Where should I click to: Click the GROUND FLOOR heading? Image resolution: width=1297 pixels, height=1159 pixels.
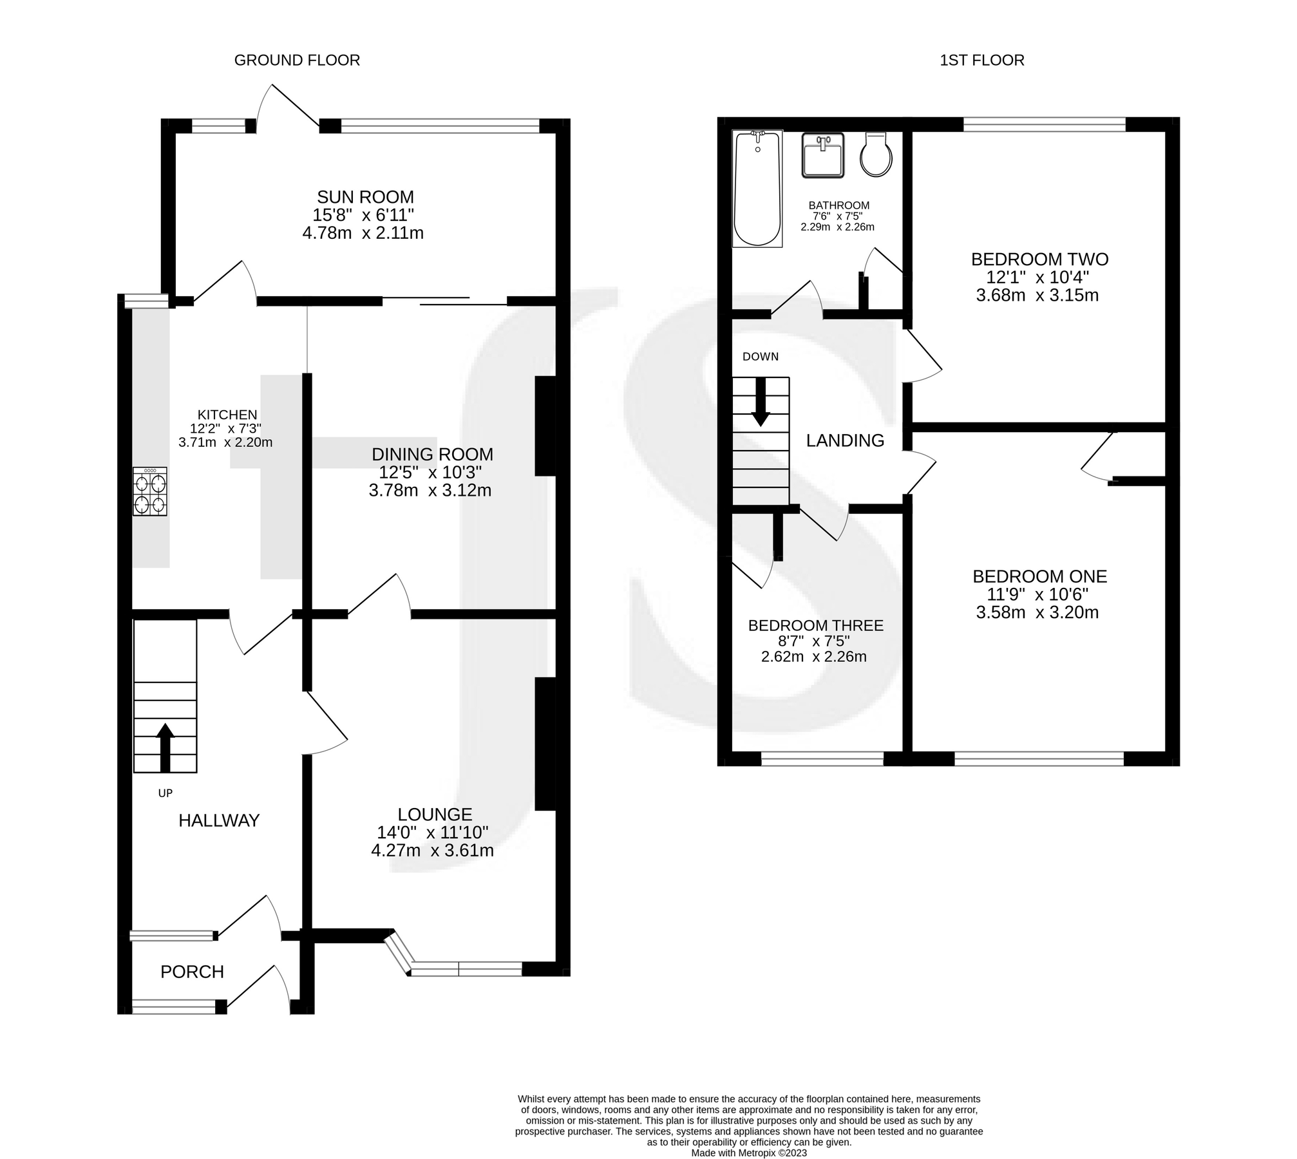click(x=297, y=61)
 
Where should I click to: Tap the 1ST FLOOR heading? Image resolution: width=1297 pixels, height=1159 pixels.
click(x=981, y=61)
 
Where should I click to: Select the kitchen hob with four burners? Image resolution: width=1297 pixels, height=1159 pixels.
click(x=149, y=491)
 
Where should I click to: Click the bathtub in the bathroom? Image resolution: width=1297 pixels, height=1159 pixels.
click(x=757, y=188)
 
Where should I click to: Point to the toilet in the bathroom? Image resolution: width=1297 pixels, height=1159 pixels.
click(x=876, y=155)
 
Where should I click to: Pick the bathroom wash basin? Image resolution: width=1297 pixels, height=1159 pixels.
click(x=822, y=155)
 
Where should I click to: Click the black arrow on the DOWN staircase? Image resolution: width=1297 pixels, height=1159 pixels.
click(x=761, y=402)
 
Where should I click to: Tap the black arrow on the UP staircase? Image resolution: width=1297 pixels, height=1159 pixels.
click(x=165, y=747)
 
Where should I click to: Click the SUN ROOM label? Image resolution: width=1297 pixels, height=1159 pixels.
click(x=365, y=197)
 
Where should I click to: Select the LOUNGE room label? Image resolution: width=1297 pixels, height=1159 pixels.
click(x=435, y=815)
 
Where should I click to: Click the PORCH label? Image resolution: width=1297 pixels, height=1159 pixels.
click(x=192, y=972)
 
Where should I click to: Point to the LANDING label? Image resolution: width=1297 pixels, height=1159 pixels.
click(x=845, y=440)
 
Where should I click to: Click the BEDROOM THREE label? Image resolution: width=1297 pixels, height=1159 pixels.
click(x=815, y=625)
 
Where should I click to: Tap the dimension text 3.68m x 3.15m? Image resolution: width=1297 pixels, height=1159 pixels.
click(x=1037, y=296)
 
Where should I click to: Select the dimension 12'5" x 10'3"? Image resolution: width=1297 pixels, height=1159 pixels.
click(x=430, y=473)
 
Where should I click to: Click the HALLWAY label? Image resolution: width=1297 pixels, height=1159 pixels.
click(x=219, y=820)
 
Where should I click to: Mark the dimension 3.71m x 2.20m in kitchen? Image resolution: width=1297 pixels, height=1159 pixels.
click(x=225, y=442)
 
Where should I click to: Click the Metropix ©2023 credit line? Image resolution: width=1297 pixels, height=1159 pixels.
click(x=748, y=1153)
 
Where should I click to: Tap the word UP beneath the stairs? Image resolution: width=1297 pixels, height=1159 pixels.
click(x=166, y=793)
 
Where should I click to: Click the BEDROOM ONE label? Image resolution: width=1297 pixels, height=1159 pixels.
click(x=1039, y=576)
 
